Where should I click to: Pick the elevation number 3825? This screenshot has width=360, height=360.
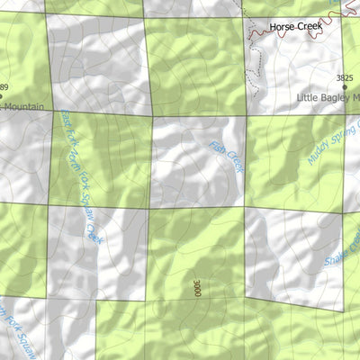pyautogui.click(x=345, y=78)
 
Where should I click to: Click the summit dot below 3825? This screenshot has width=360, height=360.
pyautogui.click(x=345, y=87)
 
